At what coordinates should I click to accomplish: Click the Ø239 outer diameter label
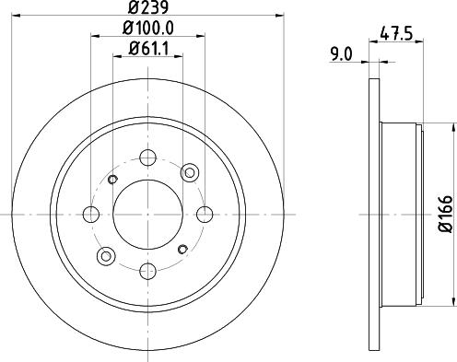[x=147, y=10]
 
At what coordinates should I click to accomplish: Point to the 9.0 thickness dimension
[x=342, y=54]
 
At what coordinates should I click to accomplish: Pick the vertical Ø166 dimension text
[x=443, y=214]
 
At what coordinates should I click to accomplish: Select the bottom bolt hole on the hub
[x=148, y=272]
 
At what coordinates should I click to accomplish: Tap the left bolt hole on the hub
[x=91, y=215]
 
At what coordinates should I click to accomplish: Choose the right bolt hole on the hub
[x=205, y=215]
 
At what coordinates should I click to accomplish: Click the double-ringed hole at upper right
[x=191, y=172]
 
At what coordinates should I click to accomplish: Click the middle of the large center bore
[x=148, y=215]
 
